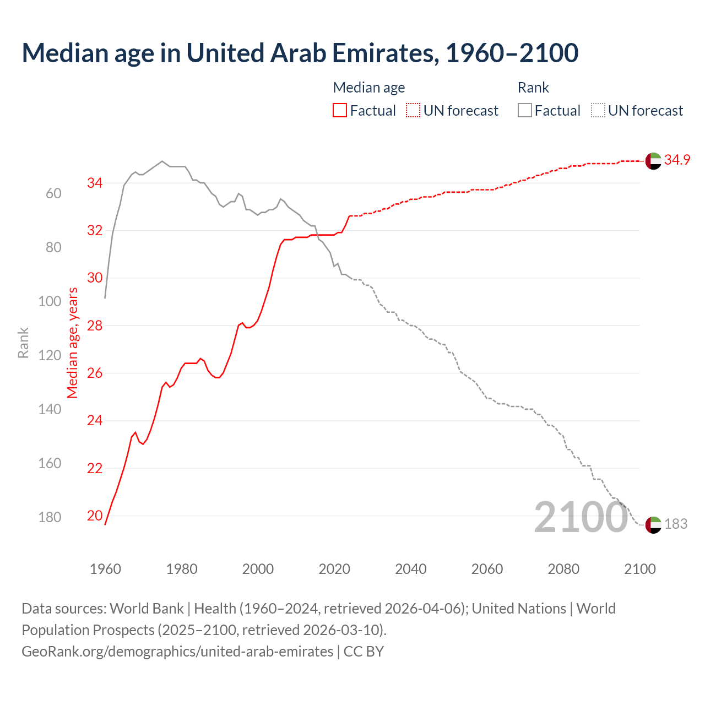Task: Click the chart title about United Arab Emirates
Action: tap(300, 53)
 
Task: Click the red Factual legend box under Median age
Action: tap(340, 111)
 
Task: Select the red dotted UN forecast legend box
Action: tap(413, 111)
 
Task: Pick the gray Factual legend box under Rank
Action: tap(525, 111)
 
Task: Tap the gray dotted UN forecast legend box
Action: tap(598, 111)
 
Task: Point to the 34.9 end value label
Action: tap(677, 160)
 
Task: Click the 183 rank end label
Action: tap(676, 524)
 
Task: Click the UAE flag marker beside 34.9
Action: tap(653, 161)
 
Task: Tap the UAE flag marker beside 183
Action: tap(653, 525)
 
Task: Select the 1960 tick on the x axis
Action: tap(105, 569)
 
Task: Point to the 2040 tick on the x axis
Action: tap(410, 569)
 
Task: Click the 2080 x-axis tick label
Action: tap(563, 569)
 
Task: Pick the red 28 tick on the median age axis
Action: tap(95, 326)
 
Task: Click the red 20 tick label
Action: tap(95, 516)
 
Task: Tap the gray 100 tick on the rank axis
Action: tap(50, 301)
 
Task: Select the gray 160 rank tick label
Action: tap(50, 463)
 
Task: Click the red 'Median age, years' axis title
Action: tap(73, 343)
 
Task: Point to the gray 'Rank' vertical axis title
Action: tap(23, 343)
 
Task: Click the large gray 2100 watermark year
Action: tap(581, 517)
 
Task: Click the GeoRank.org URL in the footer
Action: tap(177, 651)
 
